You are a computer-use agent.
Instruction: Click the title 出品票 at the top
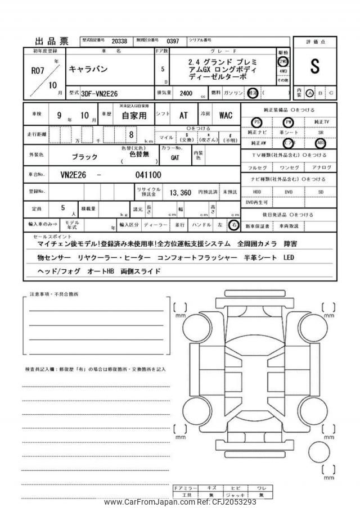(52, 41)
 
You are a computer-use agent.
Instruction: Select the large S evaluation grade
(314, 66)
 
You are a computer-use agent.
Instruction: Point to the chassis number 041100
(148, 175)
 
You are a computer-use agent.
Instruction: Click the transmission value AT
(183, 116)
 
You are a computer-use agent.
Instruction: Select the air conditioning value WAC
(225, 116)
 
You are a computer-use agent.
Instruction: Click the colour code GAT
(175, 158)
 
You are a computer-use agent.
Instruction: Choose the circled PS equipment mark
(256, 122)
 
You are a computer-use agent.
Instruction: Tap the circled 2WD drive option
(283, 61)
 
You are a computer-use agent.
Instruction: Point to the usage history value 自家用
(134, 116)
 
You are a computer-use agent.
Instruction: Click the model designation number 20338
(119, 41)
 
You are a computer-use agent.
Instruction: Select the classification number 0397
(173, 41)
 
